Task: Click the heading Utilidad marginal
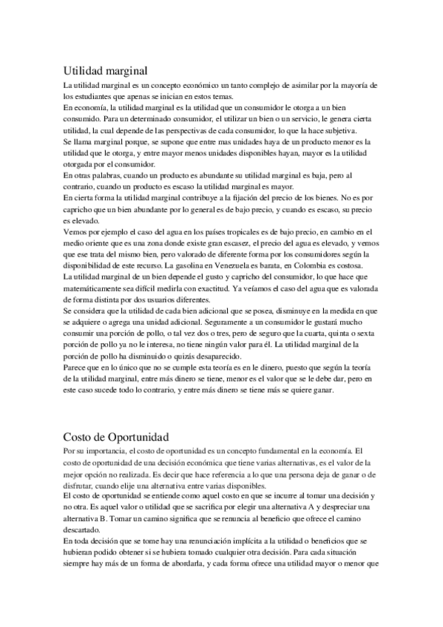106,71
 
